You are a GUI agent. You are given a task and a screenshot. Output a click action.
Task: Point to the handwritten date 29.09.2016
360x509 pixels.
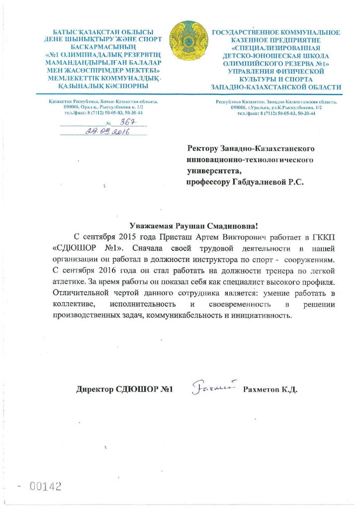point(107,132)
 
